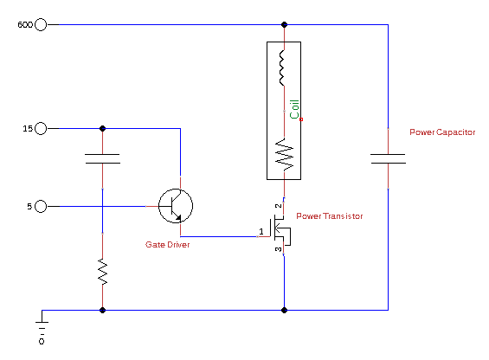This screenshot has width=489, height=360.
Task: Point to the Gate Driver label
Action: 167,245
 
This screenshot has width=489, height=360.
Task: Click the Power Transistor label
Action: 330,215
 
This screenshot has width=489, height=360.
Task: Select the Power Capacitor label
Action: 442,132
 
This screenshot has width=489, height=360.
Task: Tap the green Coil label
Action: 294,109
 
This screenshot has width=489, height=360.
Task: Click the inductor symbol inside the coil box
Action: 282,67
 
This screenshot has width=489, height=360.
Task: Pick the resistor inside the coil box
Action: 285,155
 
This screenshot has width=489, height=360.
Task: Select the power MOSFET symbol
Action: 282,230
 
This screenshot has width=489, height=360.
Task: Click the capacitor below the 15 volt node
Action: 102,158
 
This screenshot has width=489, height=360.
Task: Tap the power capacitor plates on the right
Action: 388,158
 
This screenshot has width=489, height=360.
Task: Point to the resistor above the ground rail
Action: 103,272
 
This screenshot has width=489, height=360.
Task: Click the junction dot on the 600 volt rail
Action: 284,24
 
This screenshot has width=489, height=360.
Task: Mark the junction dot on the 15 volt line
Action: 102,128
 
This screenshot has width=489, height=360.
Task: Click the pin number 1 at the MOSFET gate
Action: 261,231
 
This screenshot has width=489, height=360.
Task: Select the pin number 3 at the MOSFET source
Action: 278,249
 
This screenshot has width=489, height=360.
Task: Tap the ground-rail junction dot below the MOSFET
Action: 284,310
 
